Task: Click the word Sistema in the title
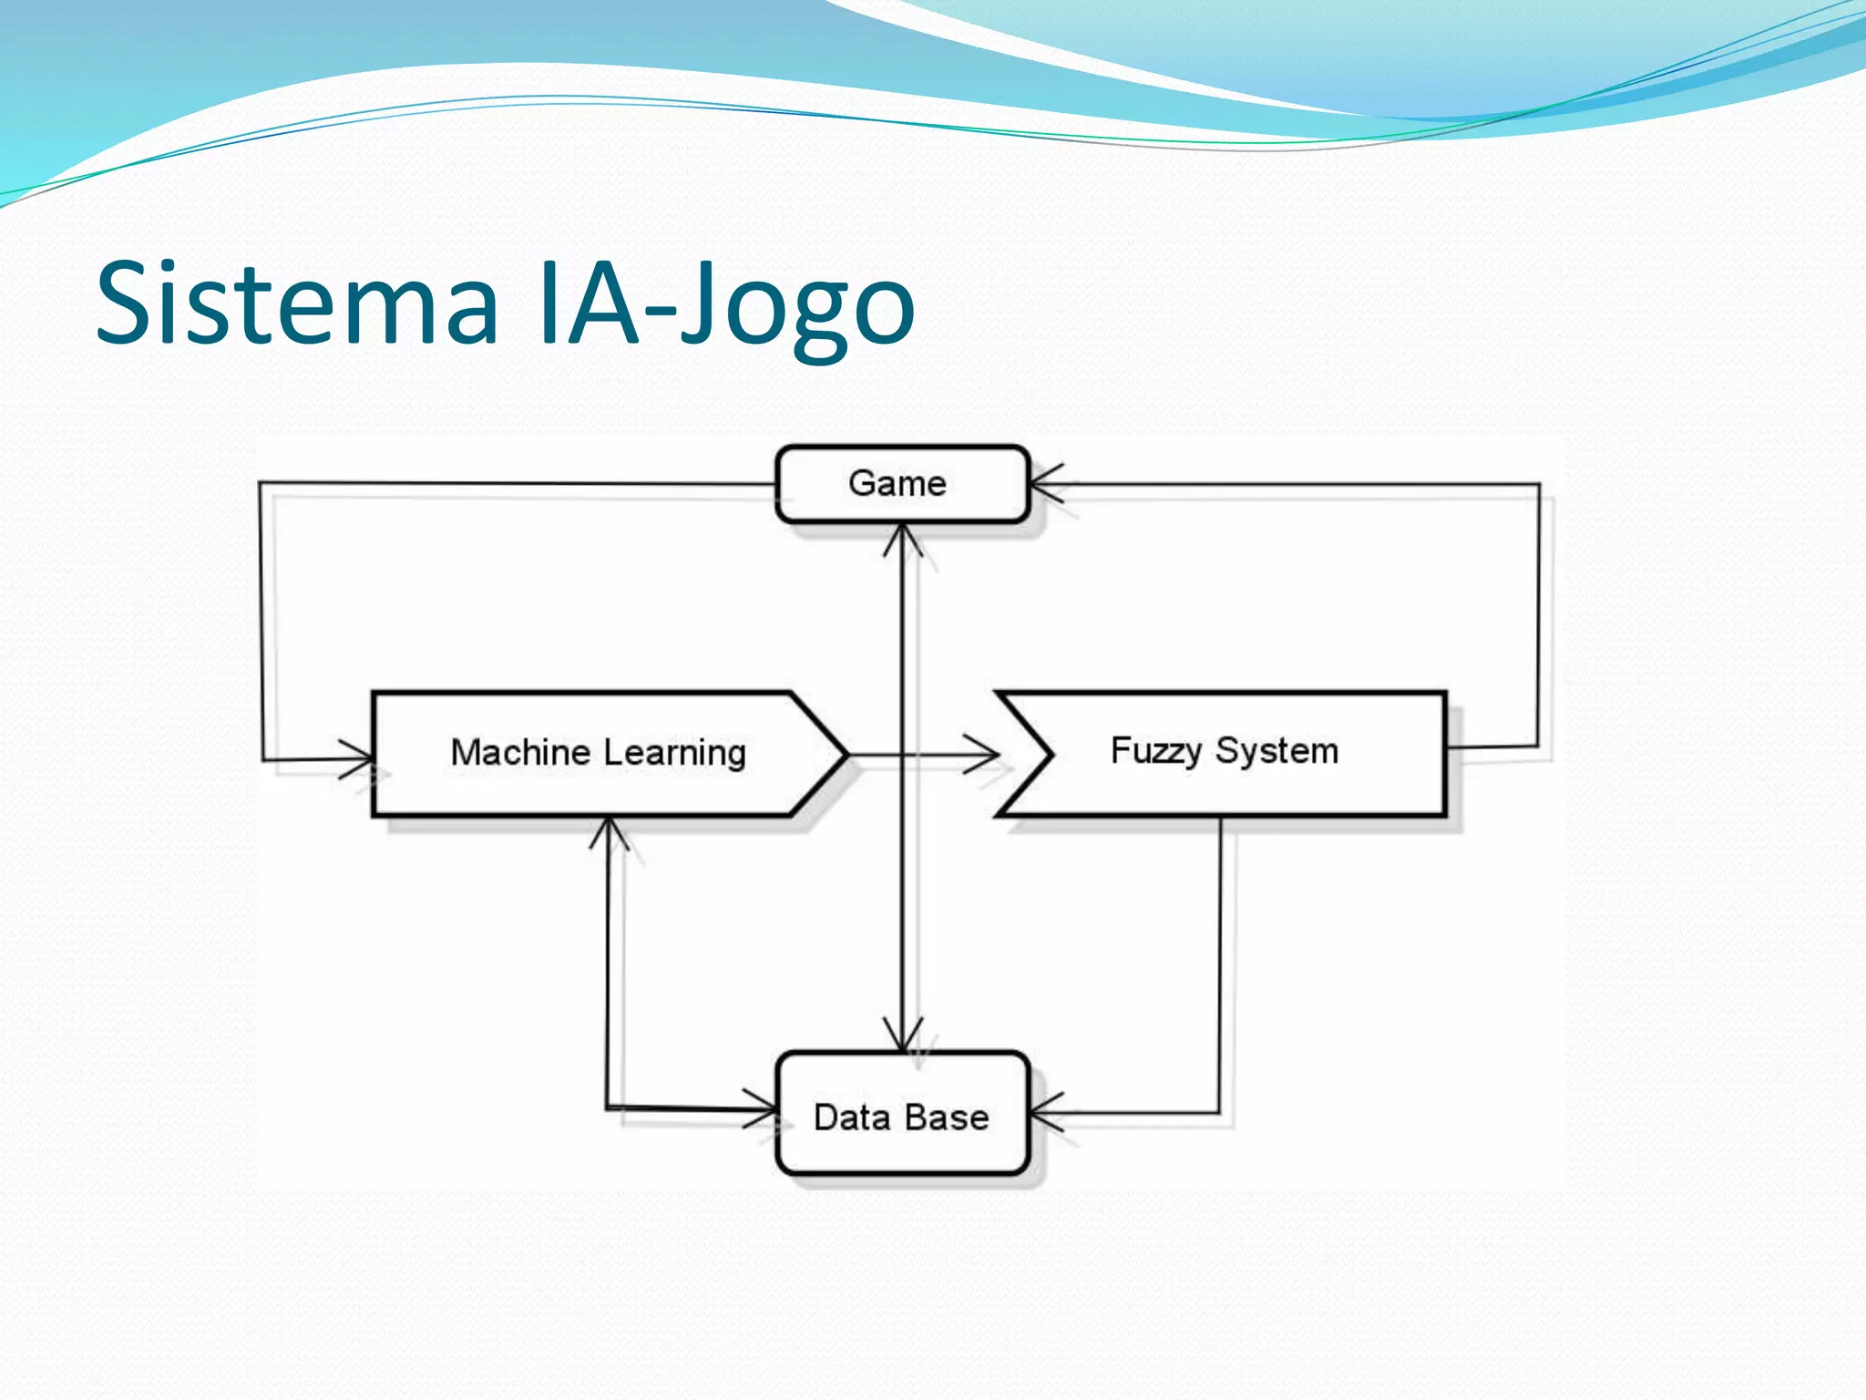point(297,304)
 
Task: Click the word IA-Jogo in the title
point(725,304)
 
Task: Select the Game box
point(901,484)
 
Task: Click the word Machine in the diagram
point(520,753)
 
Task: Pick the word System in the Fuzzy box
point(1276,751)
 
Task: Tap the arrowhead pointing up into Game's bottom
point(902,539)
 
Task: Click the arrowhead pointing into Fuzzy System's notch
point(984,756)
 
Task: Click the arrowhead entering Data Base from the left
point(762,1109)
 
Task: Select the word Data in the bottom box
point(851,1117)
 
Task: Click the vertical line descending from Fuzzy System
point(1220,957)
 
